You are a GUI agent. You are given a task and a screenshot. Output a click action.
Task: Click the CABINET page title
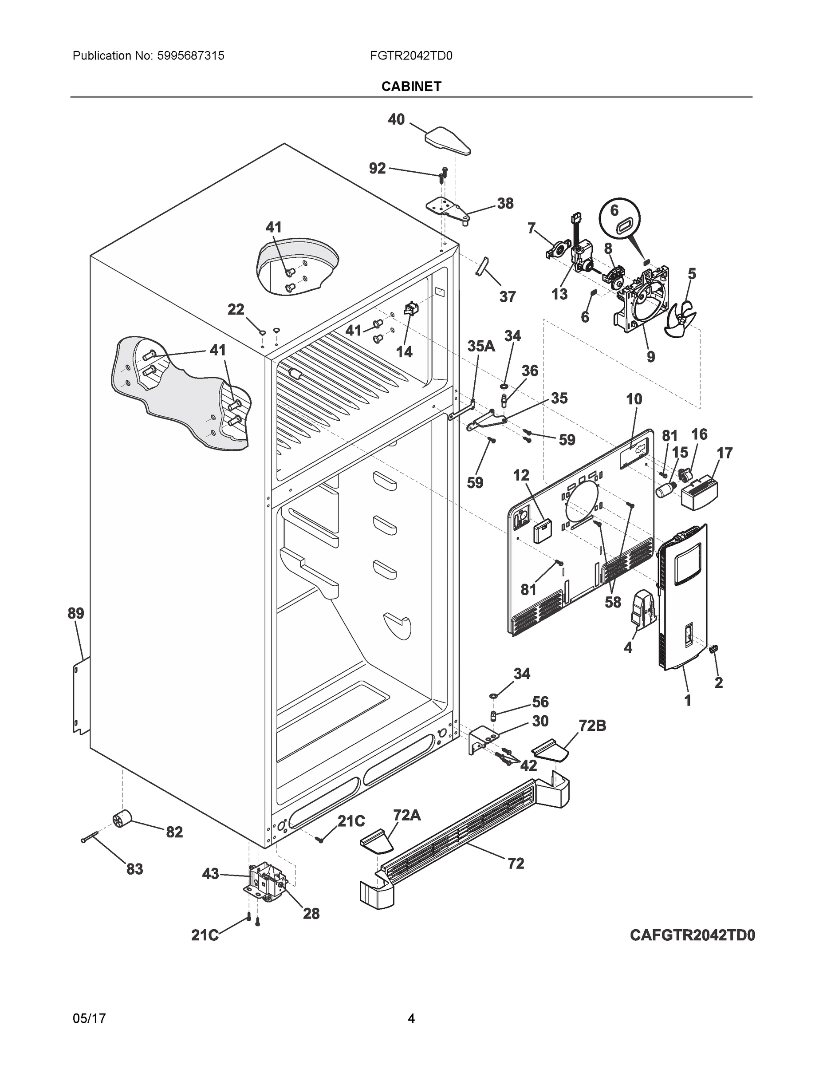click(x=411, y=87)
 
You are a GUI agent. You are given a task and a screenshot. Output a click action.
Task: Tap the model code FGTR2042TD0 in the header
click(x=411, y=55)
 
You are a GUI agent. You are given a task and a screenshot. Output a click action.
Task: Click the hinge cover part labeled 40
click(x=448, y=140)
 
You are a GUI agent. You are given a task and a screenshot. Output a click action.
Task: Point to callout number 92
click(x=377, y=168)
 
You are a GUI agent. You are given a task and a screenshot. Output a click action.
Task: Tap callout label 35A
click(x=481, y=346)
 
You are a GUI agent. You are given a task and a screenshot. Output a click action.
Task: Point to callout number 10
click(x=634, y=399)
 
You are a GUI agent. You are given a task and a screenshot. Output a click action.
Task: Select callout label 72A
click(x=407, y=814)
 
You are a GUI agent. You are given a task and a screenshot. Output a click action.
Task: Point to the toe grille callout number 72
click(x=516, y=863)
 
